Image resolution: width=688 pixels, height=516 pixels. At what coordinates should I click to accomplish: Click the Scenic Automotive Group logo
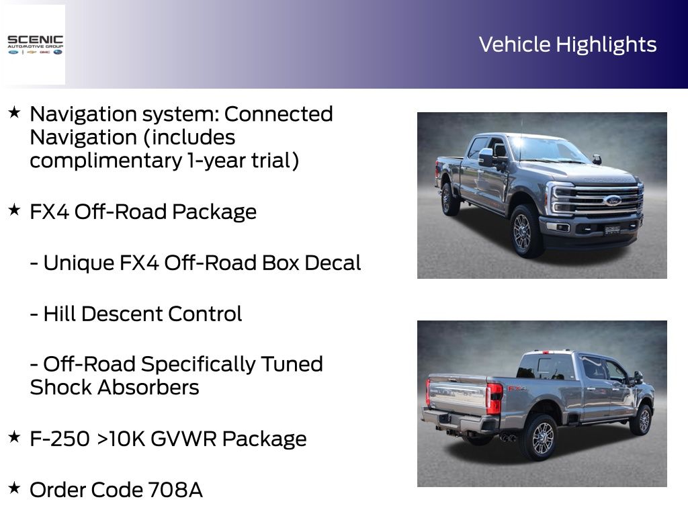click(35, 45)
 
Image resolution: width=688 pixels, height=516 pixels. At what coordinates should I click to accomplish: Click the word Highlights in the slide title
click(607, 45)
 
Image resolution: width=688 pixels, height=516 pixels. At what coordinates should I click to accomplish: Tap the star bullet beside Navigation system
click(14, 112)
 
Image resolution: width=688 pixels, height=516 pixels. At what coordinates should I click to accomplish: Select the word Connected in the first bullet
click(279, 114)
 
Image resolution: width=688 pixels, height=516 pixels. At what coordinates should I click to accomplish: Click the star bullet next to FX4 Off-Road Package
click(14, 210)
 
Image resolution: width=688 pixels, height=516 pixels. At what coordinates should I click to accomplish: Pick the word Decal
click(333, 263)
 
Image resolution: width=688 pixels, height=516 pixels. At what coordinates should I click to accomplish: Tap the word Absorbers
click(148, 388)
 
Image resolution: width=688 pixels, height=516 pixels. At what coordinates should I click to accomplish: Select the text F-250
click(60, 439)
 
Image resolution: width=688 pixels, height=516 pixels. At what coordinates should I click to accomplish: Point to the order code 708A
click(175, 490)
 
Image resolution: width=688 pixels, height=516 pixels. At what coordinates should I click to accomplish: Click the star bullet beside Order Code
click(14, 488)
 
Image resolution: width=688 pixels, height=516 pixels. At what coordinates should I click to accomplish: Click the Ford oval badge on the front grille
click(611, 200)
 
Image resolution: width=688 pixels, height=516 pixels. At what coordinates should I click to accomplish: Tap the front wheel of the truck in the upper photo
click(523, 232)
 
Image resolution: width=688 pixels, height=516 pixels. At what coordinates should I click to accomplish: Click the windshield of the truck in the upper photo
click(548, 149)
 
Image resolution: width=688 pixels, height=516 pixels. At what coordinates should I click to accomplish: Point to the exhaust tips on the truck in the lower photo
click(508, 437)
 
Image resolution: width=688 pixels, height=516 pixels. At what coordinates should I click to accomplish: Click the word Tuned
click(292, 364)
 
